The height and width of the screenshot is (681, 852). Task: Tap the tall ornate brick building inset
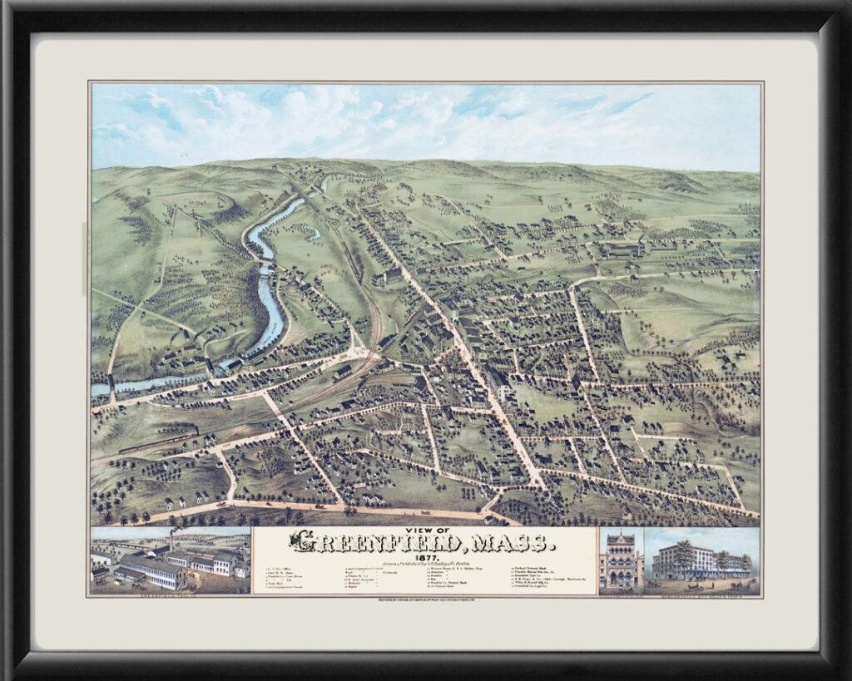(x=621, y=561)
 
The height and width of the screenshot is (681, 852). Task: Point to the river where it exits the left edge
(x=98, y=388)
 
